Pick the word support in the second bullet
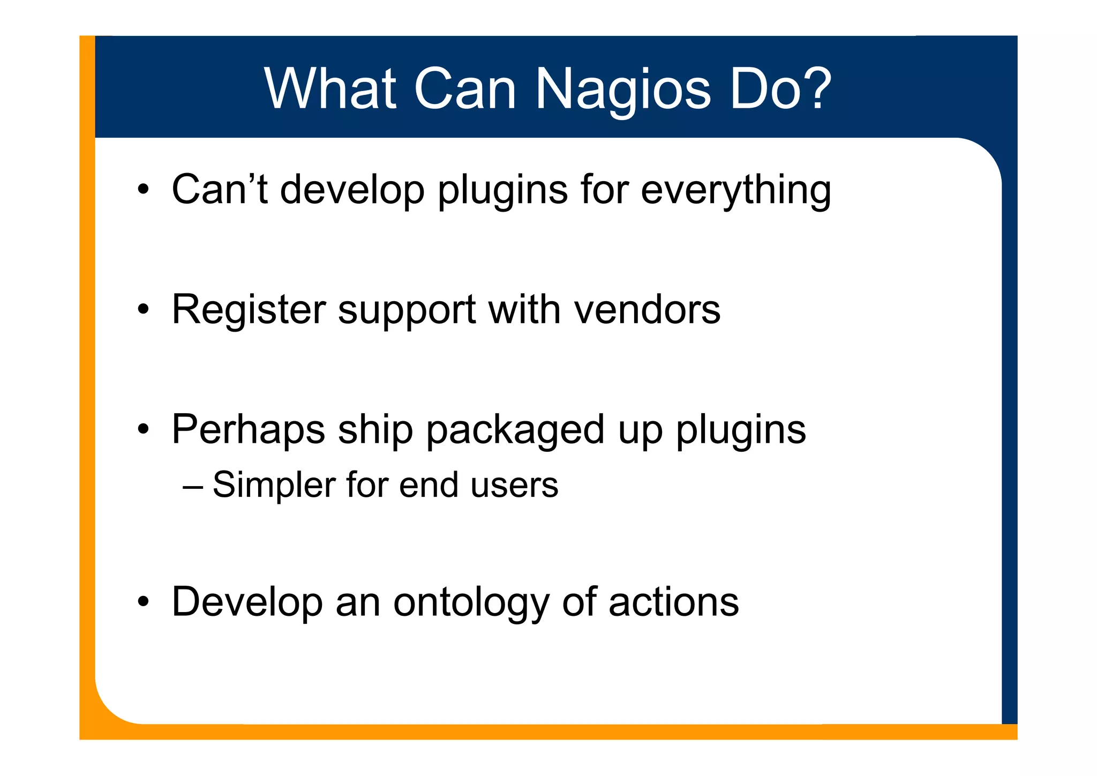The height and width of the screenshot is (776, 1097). pyautogui.click(x=407, y=311)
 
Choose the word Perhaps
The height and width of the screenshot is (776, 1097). pyautogui.click(x=248, y=430)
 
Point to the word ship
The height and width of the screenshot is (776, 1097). pyautogui.click(x=375, y=430)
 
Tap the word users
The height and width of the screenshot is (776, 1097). pyautogui.click(x=514, y=486)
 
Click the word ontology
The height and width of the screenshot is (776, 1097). pyautogui.click(x=471, y=603)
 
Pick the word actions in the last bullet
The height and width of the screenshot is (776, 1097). pyautogui.click(x=673, y=602)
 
